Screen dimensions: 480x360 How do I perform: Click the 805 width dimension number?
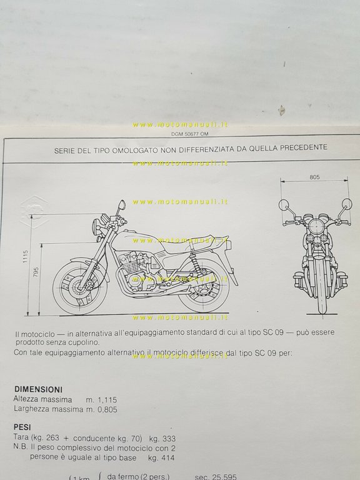314,177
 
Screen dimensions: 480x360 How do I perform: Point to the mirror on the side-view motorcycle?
121,204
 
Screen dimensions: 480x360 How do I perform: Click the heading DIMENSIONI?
37,387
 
